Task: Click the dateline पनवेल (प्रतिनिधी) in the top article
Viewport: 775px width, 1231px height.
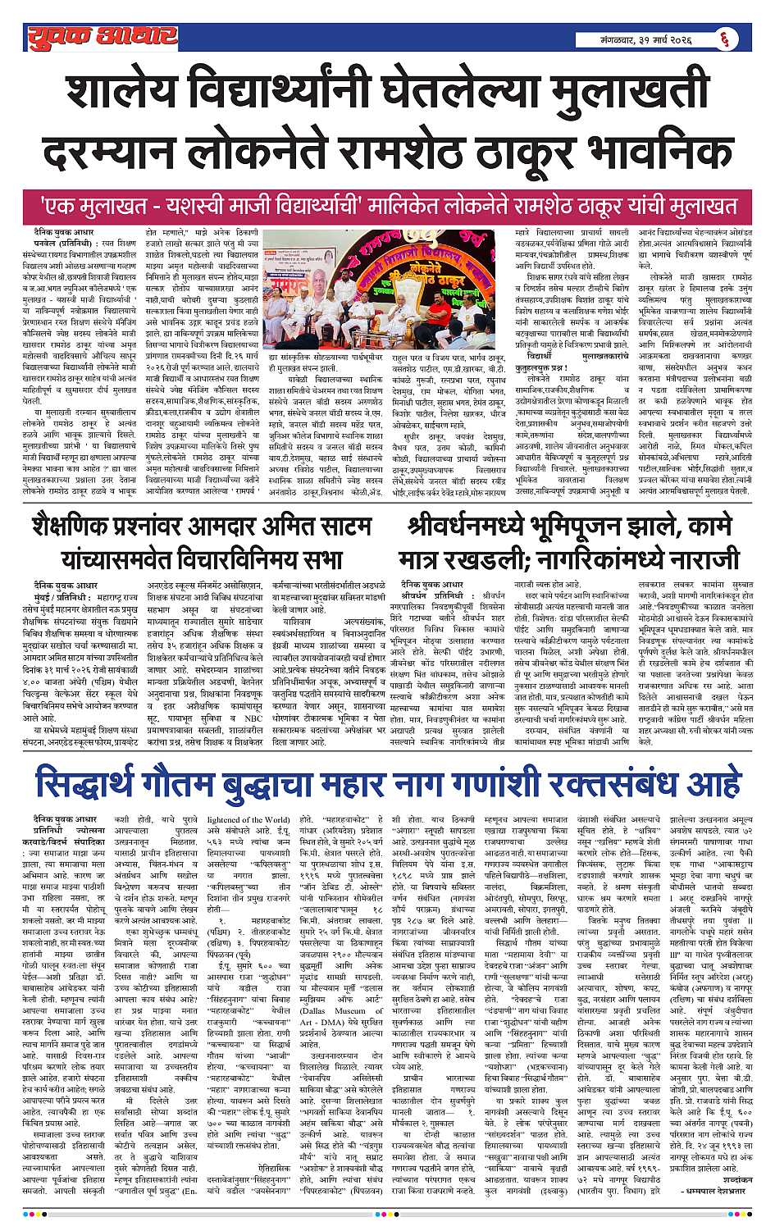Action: (x=57, y=244)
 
